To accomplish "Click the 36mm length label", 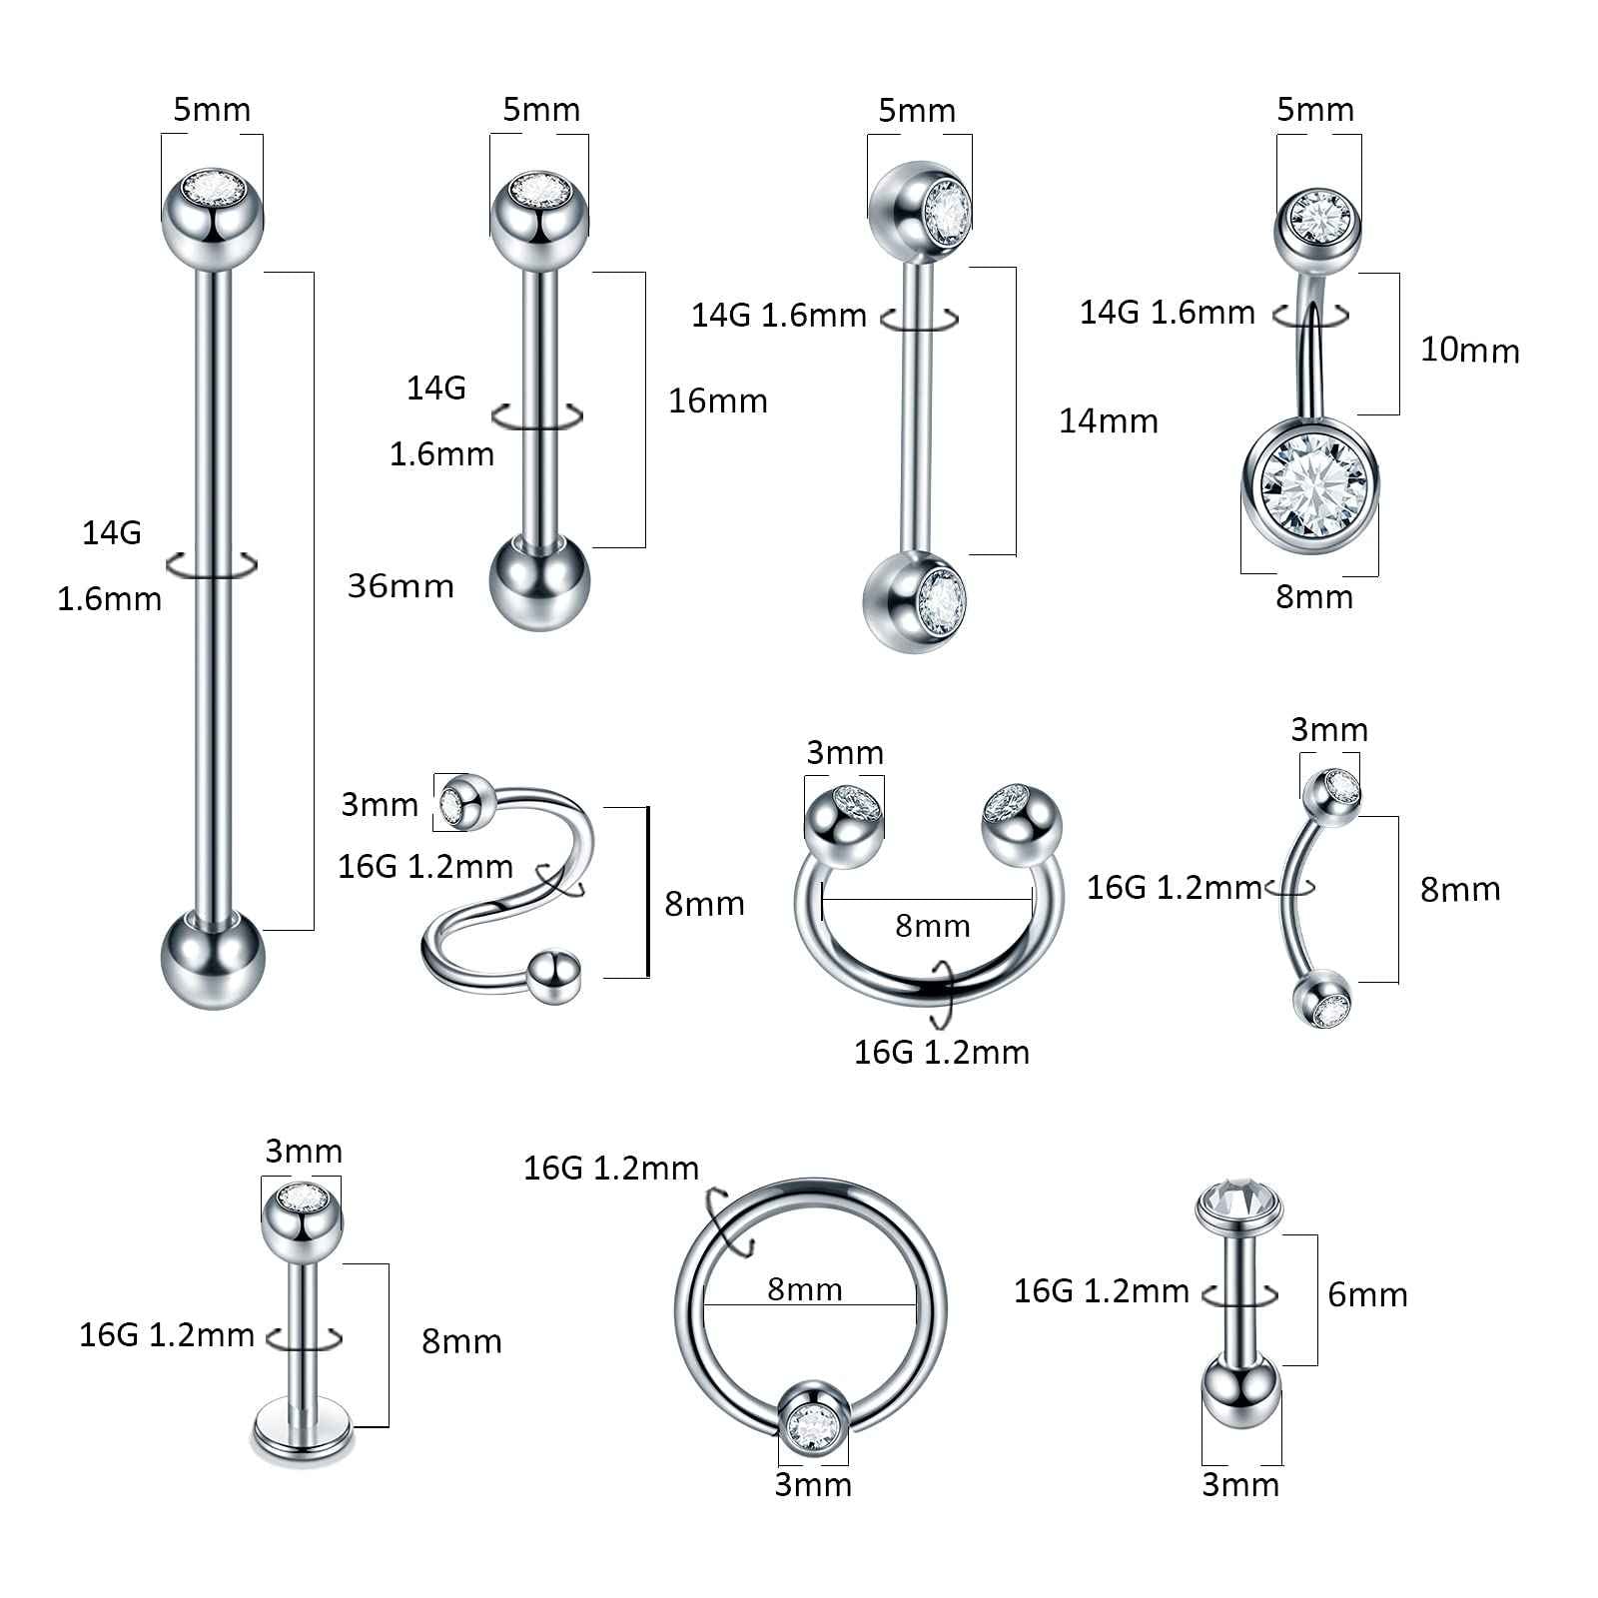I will point(400,585).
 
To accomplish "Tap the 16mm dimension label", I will point(717,400).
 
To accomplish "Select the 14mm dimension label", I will point(1108,420).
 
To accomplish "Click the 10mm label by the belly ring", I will point(1469,350).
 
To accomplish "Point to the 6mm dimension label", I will point(1367,1294).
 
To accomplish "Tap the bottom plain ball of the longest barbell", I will point(212,959).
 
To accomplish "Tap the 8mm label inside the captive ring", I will point(804,1288).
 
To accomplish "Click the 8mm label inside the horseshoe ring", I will point(932,926).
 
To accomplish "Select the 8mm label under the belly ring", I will point(1313,596).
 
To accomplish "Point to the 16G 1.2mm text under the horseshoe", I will point(941,1052).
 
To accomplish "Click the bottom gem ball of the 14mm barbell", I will point(916,601).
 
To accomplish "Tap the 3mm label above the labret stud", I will point(303,1151).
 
